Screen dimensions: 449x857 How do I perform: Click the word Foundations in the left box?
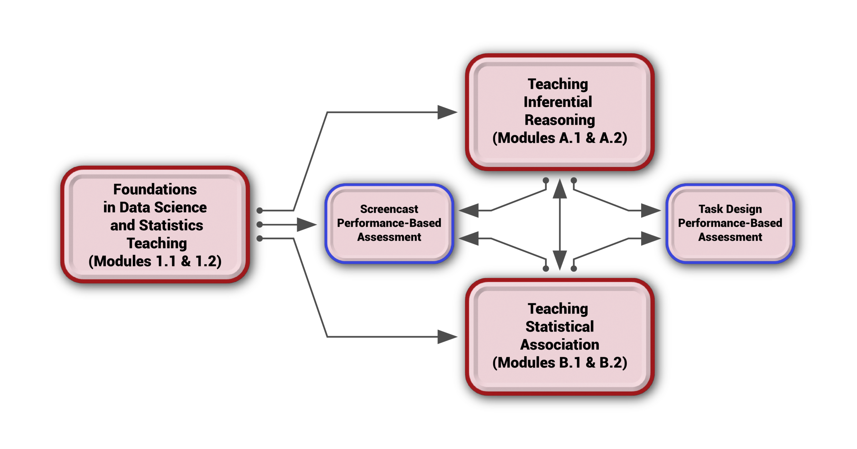click(x=155, y=189)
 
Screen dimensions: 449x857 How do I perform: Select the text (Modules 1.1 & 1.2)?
click(x=155, y=261)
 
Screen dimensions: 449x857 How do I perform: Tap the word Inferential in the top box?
click(x=558, y=102)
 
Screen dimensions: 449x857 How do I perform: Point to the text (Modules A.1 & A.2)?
click(x=560, y=138)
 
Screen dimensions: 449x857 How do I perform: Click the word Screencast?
click(x=389, y=209)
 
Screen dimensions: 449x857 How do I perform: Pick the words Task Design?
click(x=730, y=209)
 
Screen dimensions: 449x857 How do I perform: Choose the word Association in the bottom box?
click(x=560, y=345)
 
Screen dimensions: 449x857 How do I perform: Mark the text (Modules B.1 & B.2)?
click(x=560, y=363)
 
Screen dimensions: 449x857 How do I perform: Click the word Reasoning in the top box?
click(x=560, y=120)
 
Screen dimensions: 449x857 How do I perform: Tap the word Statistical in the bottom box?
click(x=560, y=327)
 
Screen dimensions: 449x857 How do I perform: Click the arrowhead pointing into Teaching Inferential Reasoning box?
click(x=447, y=112)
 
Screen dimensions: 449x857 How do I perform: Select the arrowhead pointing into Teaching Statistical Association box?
click(x=447, y=337)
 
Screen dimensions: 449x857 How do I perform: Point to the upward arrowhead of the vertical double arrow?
click(x=560, y=189)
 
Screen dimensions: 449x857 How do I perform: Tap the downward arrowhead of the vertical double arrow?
click(x=560, y=260)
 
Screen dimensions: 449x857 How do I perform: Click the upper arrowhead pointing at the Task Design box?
click(x=651, y=210)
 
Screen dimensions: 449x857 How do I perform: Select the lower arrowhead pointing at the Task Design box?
click(x=651, y=239)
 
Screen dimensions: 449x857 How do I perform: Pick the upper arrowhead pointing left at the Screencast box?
click(x=469, y=210)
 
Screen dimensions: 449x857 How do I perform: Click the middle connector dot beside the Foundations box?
click(x=259, y=224)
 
